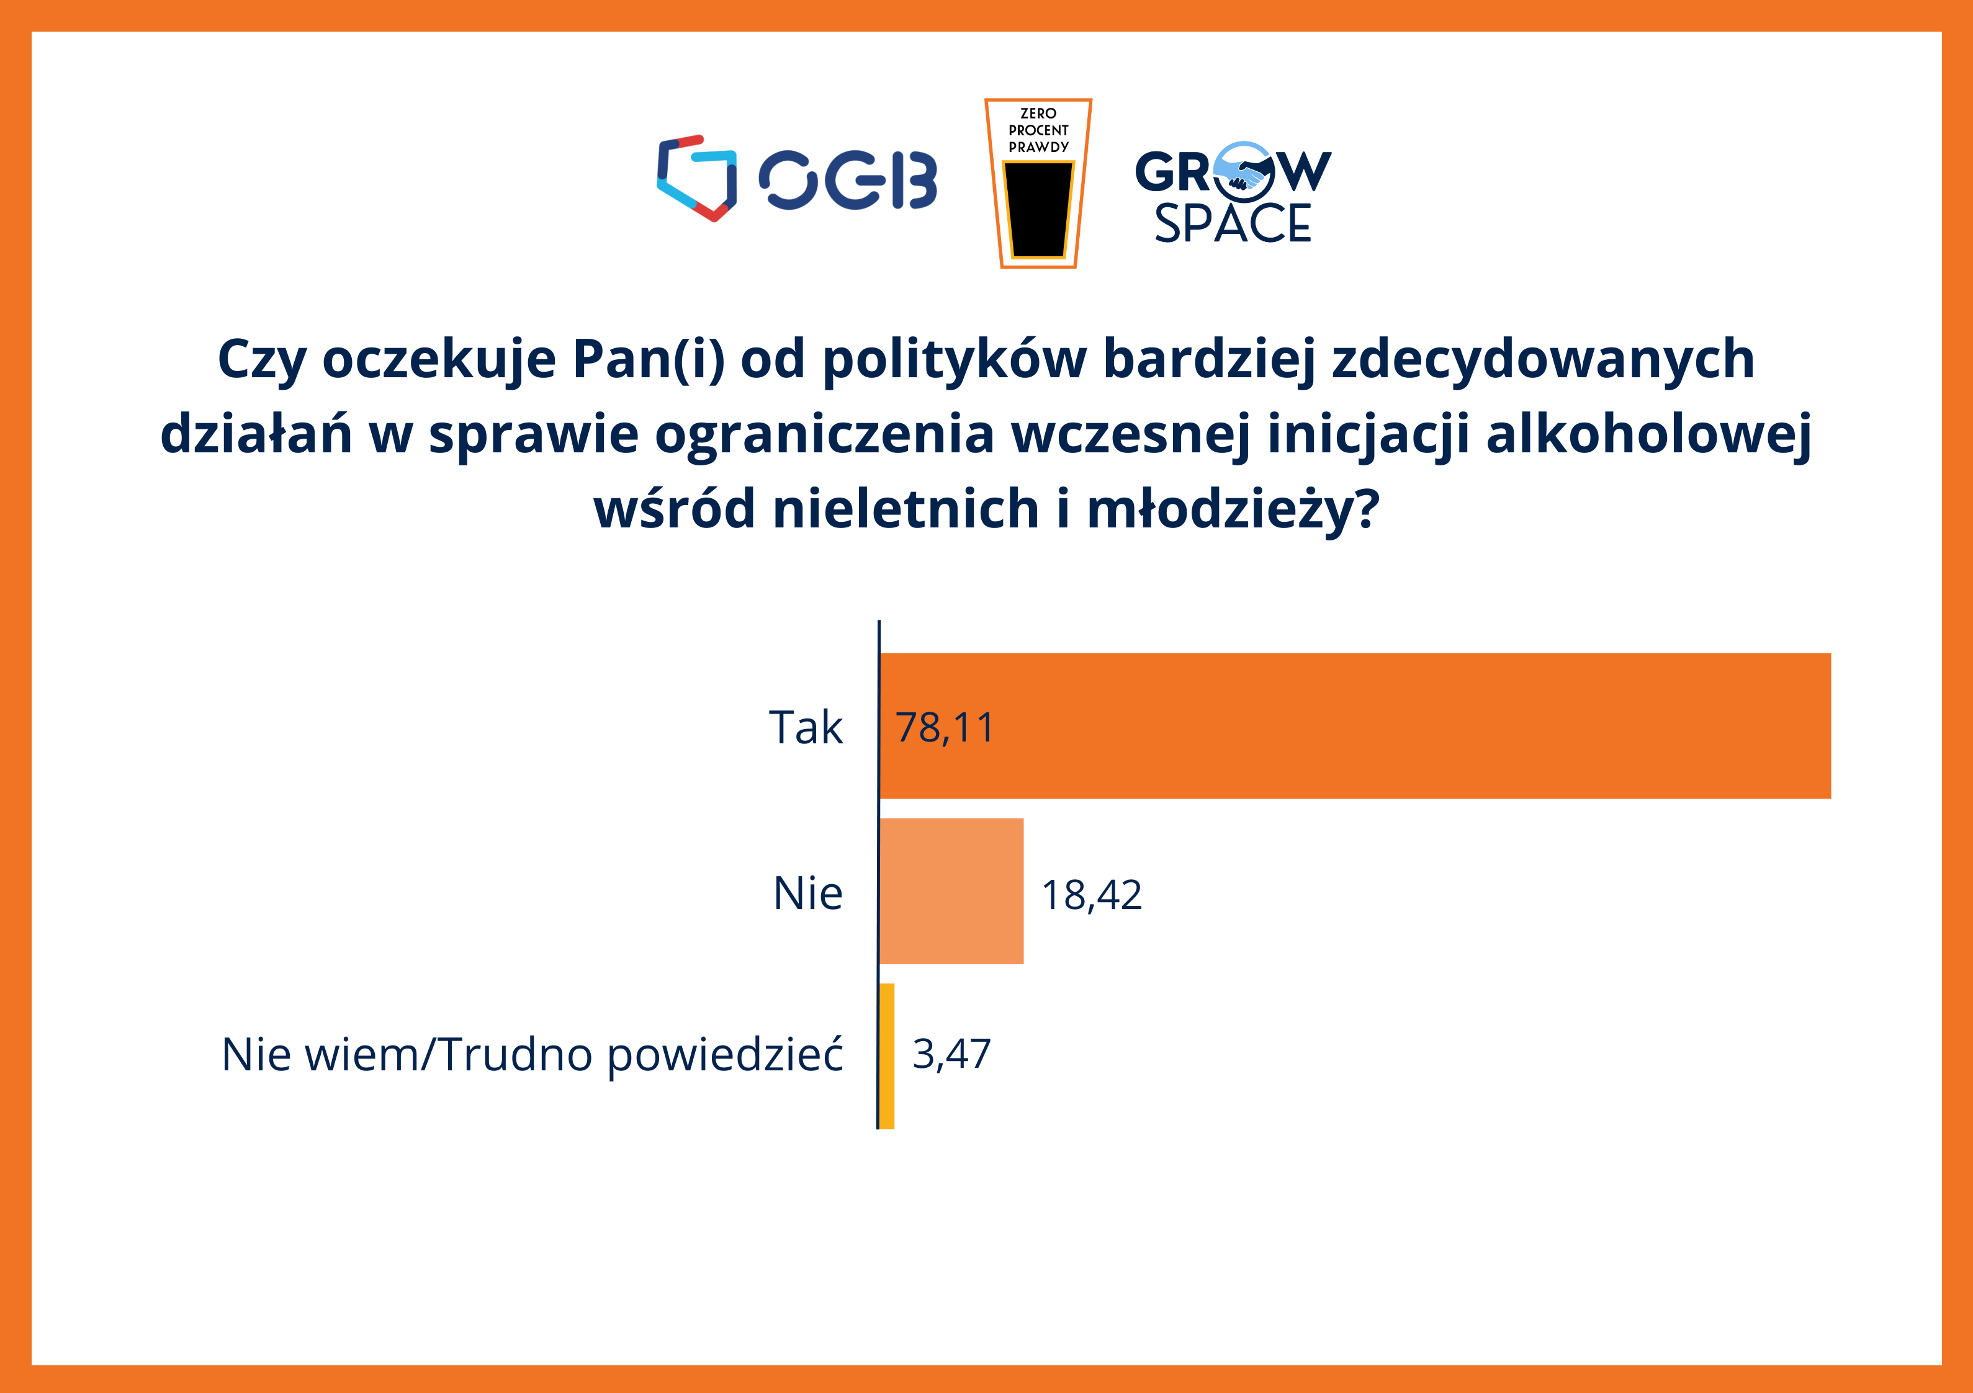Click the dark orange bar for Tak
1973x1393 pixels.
pyautogui.click(x=1355, y=725)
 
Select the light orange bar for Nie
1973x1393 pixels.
pyautogui.click(x=951, y=891)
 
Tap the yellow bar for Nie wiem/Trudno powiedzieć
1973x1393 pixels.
pyautogui.click(x=887, y=1056)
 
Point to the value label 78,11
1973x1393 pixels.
pyautogui.click(x=945, y=728)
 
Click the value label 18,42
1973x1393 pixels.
pyautogui.click(x=1091, y=895)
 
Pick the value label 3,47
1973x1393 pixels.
pyautogui.click(x=951, y=1054)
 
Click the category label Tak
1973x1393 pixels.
pyautogui.click(x=805, y=727)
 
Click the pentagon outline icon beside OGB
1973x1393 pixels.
pyautogui.click(x=697, y=179)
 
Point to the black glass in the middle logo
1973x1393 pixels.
pyautogui.click(x=1038, y=210)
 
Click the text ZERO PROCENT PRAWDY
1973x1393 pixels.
pyautogui.click(x=1038, y=130)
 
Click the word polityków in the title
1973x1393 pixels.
pyautogui.click(x=954, y=359)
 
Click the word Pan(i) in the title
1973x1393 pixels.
pyautogui.click(x=649, y=359)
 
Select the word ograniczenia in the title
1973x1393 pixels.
pyautogui.click(x=824, y=435)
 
